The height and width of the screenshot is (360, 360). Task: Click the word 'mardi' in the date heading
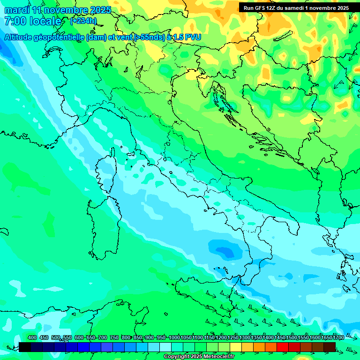click(16, 10)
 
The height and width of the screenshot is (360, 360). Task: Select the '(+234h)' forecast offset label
click(83, 21)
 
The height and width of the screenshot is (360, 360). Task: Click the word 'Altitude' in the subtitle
click(21, 37)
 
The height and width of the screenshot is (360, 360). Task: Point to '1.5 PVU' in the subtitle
click(187, 37)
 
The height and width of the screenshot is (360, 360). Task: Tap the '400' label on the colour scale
click(32, 337)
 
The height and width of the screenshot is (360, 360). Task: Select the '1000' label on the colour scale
click(174, 337)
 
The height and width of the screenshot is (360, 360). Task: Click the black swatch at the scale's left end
click(25, 347)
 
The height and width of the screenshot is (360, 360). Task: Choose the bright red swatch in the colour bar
click(283, 347)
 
